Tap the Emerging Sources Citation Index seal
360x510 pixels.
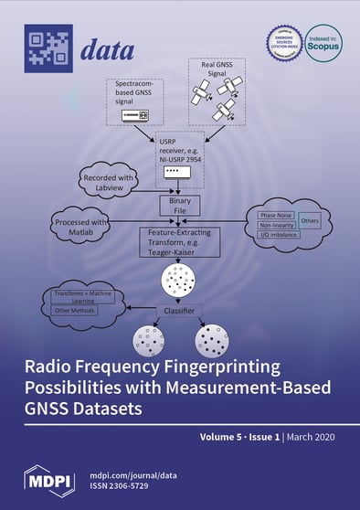coord(283,43)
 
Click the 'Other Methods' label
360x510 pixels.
coord(75,309)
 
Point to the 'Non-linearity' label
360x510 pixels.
coord(270,230)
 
